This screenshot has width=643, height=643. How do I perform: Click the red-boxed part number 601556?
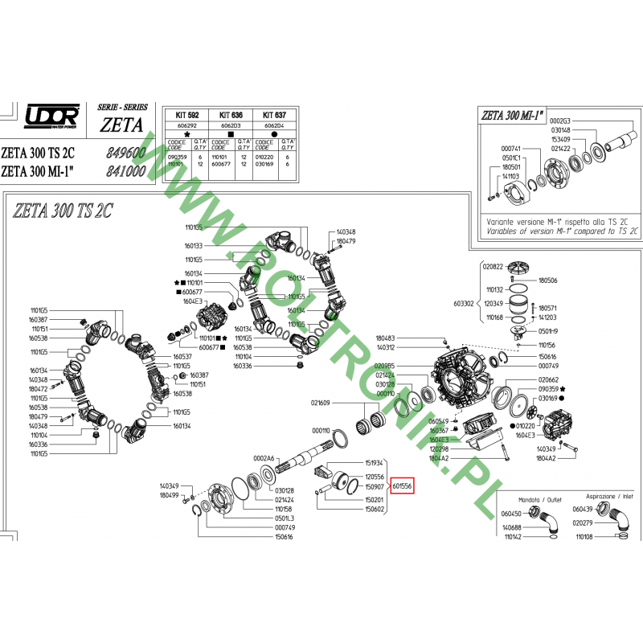click(402, 486)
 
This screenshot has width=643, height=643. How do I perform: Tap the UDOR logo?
click(52, 117)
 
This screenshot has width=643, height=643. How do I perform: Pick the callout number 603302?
click(465, 305)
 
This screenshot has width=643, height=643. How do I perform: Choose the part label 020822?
click(493, 266)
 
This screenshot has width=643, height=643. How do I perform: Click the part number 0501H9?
click(547, 330)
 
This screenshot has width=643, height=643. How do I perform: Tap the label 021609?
click(321, 403)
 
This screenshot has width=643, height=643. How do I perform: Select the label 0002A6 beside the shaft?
click(264, 457)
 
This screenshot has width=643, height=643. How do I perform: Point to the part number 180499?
click(169, 495)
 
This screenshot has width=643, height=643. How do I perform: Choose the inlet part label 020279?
click(582, 522)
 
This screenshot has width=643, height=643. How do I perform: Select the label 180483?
click(386, 338)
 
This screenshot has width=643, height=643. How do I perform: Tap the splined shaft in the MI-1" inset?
click(622, 147)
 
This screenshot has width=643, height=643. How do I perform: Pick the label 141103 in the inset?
click(511, 176)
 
